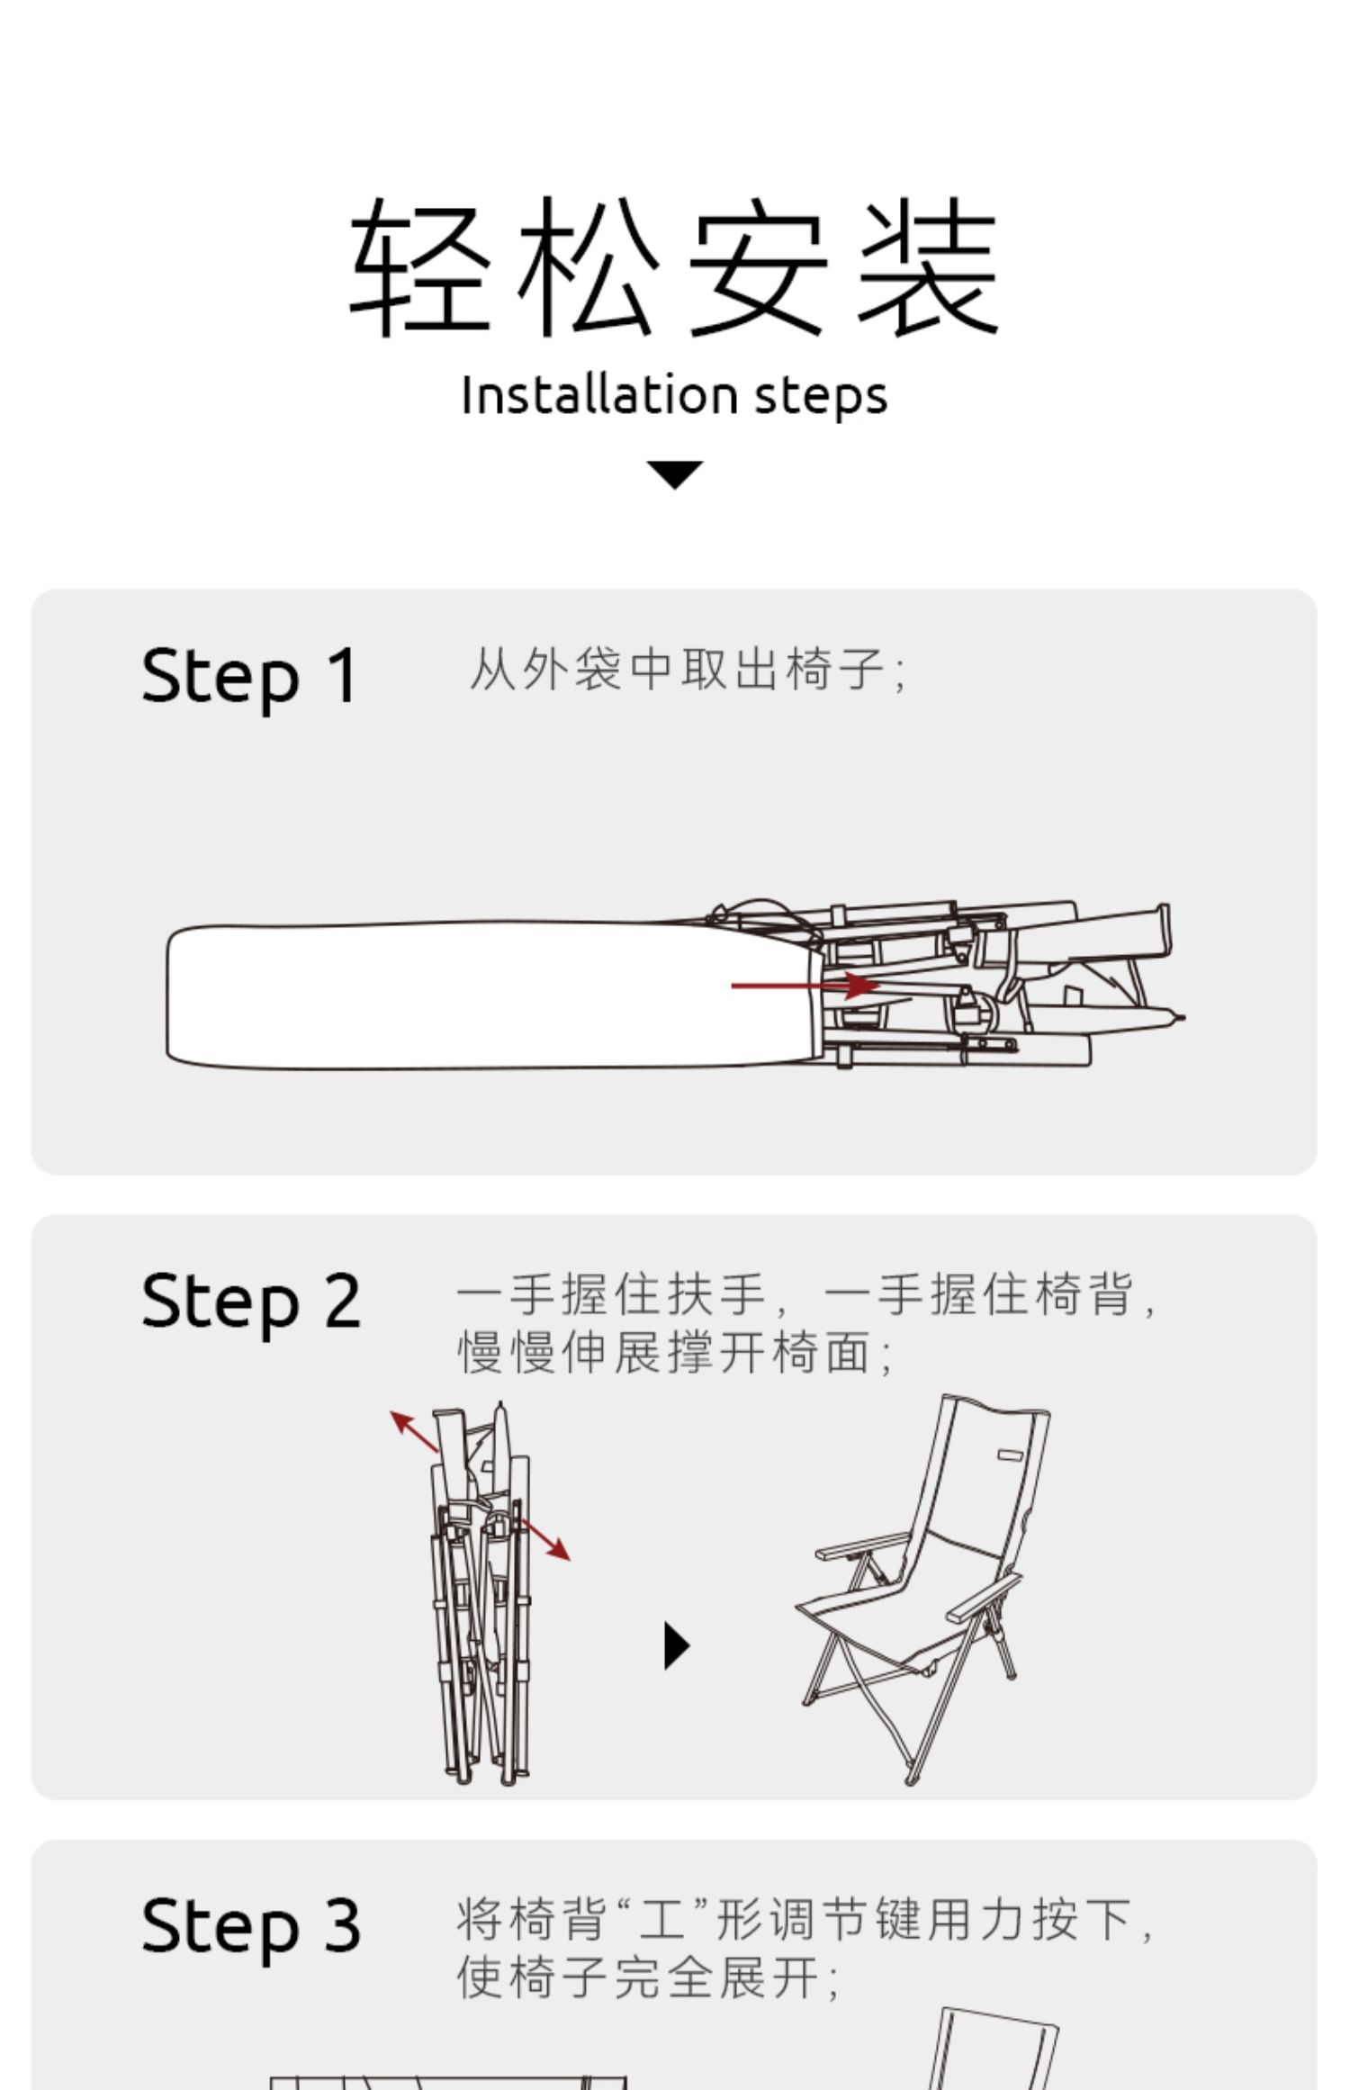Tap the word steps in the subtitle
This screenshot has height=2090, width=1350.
point(820,396)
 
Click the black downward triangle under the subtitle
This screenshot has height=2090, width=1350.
point(674,473)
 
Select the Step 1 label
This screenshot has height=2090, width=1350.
point(249,676)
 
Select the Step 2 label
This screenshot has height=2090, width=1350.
point(250,1301)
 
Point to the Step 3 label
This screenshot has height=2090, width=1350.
point(250,1925)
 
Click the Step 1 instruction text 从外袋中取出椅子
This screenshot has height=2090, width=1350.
point(688,670)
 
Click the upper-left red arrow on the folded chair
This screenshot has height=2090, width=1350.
point(414,1431)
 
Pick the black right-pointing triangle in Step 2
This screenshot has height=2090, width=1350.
point(676,1645)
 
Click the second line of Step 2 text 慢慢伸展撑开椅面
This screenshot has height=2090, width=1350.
point(675,1353)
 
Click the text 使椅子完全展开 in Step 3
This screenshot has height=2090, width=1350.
point(648,1977)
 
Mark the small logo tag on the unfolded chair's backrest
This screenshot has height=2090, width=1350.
point(1011,1455)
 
